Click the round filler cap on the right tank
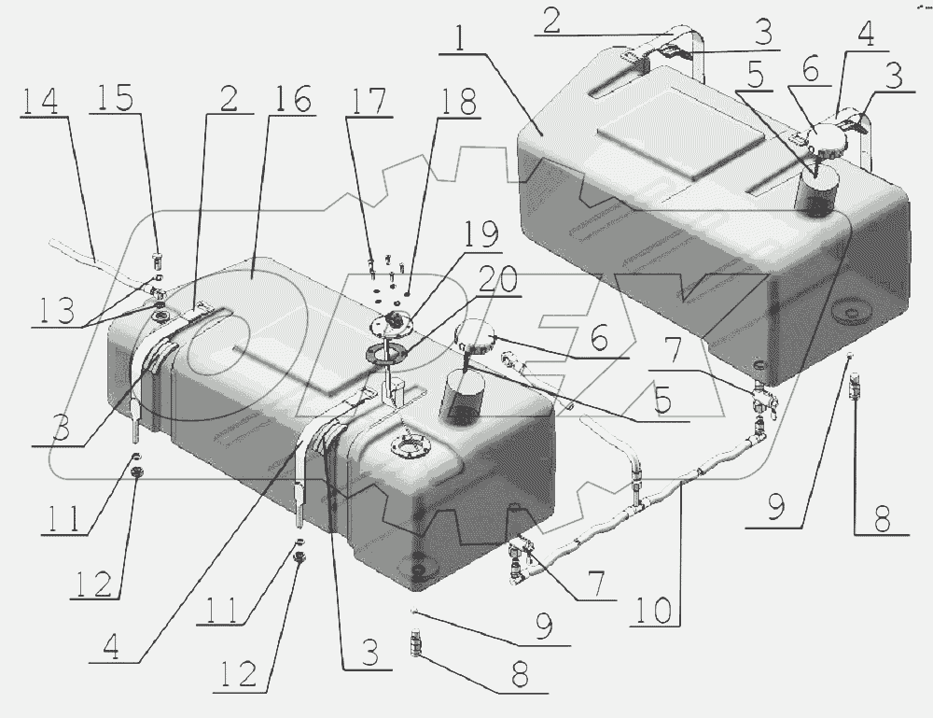pyautogui.click(x=826, y=143)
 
